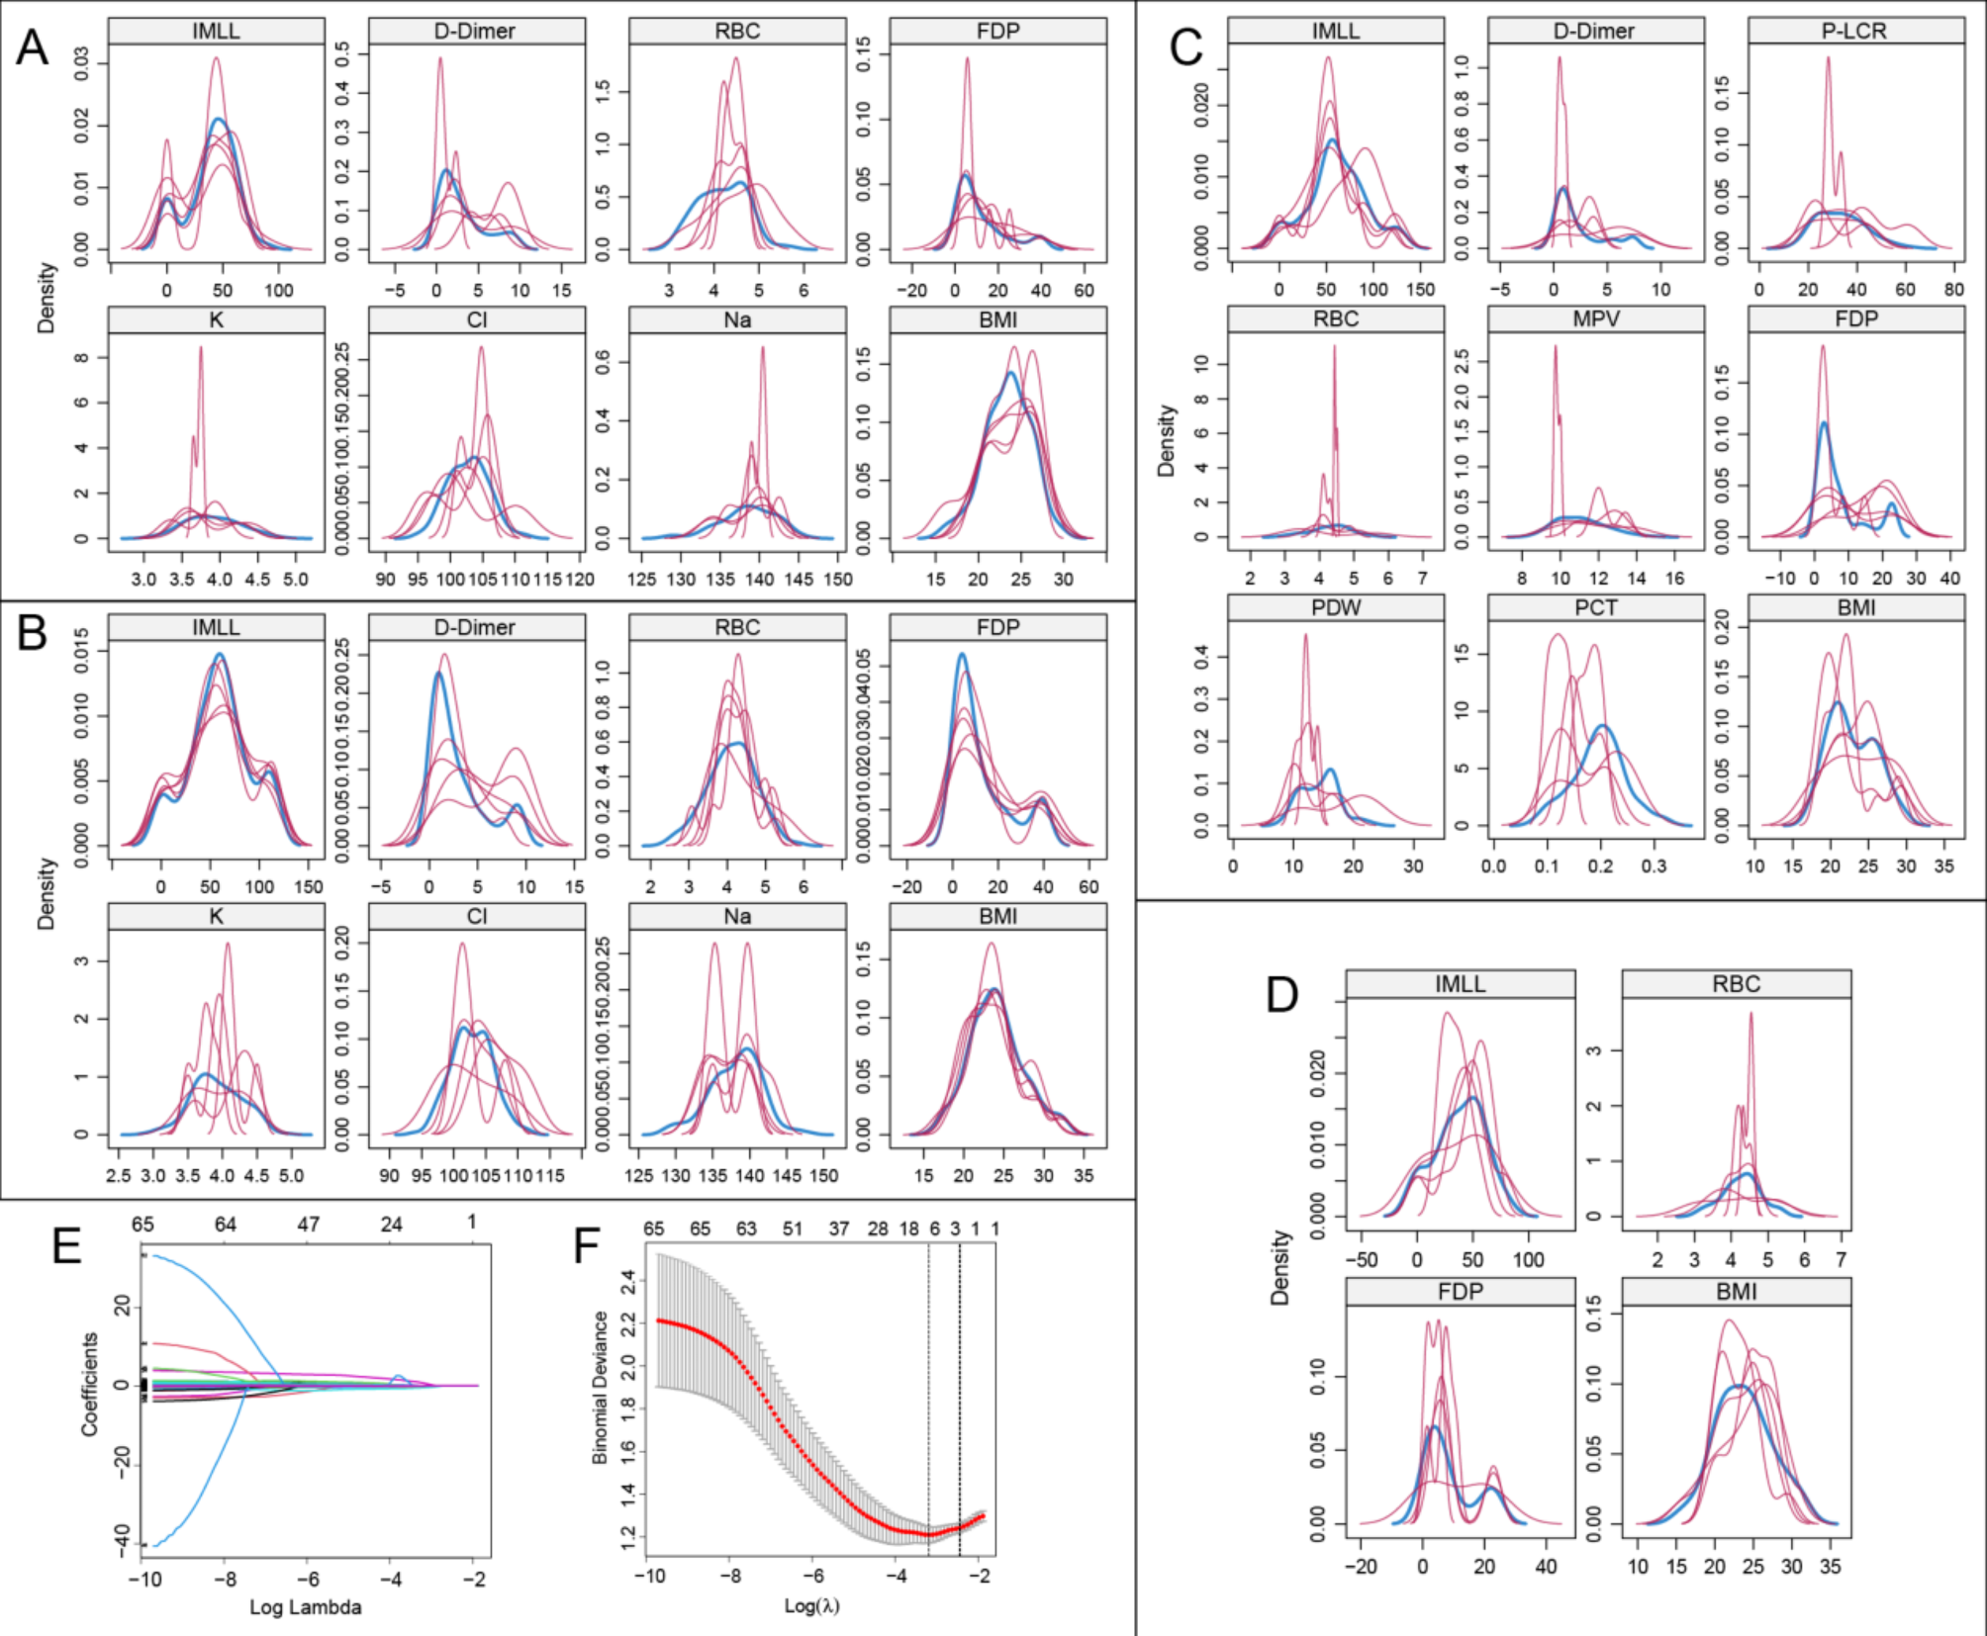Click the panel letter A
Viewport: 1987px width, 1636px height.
click(x=32, y=46)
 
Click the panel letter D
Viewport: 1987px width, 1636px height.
click(x=1282, y=994)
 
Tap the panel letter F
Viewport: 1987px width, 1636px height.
click(x=587, y=1245)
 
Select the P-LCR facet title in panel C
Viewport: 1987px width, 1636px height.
click(x=1854, y=31)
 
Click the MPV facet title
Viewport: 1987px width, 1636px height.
click(x=1595, y=318)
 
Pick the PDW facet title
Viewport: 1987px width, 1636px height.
click(x=1335, y=607)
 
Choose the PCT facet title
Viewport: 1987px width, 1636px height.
click(x=1595, y=607)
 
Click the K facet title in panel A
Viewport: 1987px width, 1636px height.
click(x=216, y=319)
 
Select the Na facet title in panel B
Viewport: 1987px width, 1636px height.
click(x=737, y=916)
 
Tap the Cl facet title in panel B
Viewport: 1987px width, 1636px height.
click(x=476, y=916)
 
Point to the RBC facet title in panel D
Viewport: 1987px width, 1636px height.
click(x=1736, y=984)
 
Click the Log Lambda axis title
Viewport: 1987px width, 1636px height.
click(x=305, y=1607)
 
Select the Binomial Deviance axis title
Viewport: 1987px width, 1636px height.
click(x=600, y=1387)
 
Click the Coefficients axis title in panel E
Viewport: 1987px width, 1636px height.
click(x=90, y=1384)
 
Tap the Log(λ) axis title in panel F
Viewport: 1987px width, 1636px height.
click(x=811, y=1605)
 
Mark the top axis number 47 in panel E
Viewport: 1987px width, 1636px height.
click(x=309, y=1224)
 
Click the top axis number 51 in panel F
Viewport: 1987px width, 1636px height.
click(x=793, y=1228)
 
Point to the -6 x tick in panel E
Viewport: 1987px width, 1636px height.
click(x=309, y=1579)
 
